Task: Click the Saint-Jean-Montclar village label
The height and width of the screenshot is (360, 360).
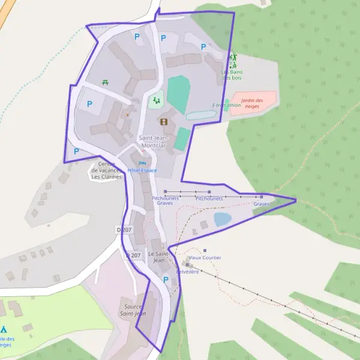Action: pyautogui.click(x=155, y=141)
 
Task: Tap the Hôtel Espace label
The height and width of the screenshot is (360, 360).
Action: pyautogui.click(x=142, y=170)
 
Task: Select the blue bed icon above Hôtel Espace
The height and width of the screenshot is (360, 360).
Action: pyautogui.click(x=142, y=163)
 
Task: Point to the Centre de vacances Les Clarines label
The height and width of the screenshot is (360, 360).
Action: pyautogui.click(x=106, y=171)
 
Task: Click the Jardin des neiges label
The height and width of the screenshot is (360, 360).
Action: pyautogui.click(x=253, y=103)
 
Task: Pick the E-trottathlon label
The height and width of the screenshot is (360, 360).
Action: pyautogui.click(x=227, y=106)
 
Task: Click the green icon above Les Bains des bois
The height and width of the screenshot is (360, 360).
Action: pyautogui.click(x=233, y=60)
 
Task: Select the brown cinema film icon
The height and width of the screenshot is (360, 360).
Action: pyautogui.click(x=164, y=122)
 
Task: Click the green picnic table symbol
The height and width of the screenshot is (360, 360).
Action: pyautogui.click(x=106, y=82)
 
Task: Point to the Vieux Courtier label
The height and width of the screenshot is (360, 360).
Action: pyautogui.click(x=205, y=257)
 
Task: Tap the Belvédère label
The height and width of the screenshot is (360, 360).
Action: pyautogui.click(x=187, y=271)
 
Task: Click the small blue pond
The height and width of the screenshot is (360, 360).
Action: pyautogui.click(x=222, y=219)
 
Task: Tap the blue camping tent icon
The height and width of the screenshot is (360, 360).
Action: pyautogui.click(x=4, y=330)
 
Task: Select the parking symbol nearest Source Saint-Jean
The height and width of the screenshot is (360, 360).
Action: pyautogui.click(x=166, y=280)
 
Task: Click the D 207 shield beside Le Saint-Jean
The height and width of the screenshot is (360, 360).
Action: pyautogui.click(x=134, y=255)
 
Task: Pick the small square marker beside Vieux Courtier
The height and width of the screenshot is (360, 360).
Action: pyautogui.click(x=205, y=250)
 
